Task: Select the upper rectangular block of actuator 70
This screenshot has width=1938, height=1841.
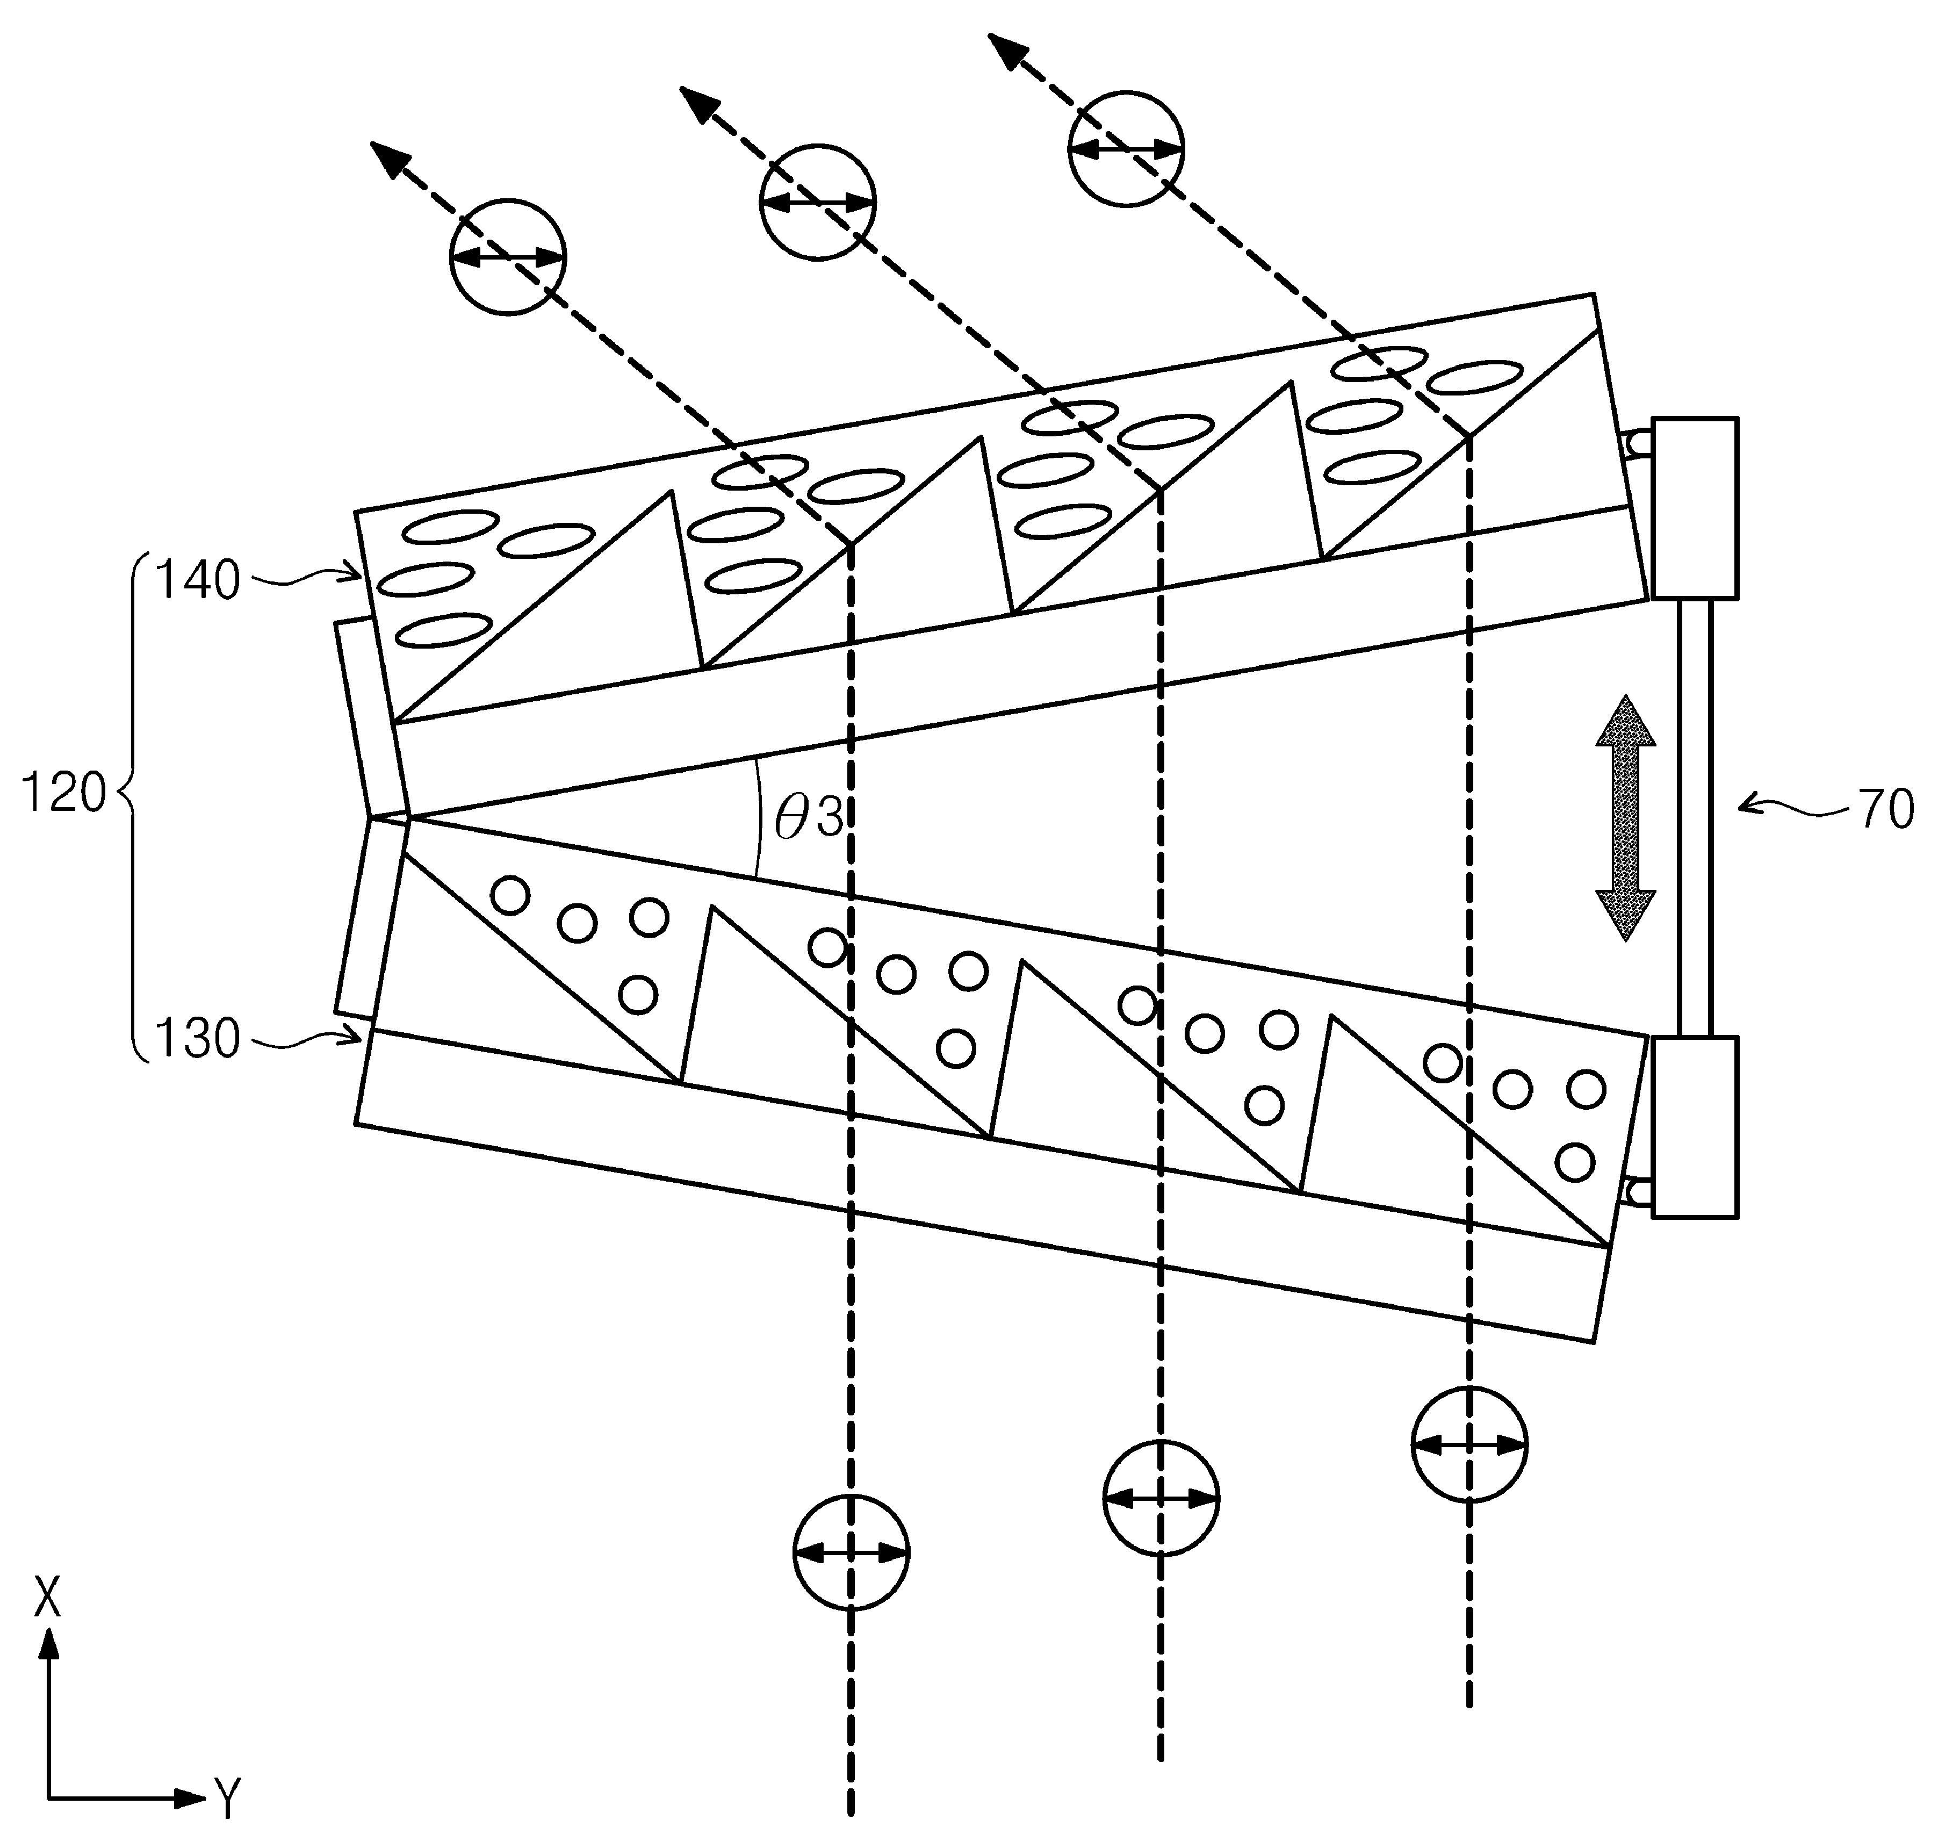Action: point(1695,508)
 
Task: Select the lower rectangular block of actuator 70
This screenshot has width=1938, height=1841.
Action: point(1695,1127)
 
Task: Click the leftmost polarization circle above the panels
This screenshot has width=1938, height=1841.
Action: point(508,257)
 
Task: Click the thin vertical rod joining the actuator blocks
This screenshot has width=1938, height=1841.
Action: point(1695,817)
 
